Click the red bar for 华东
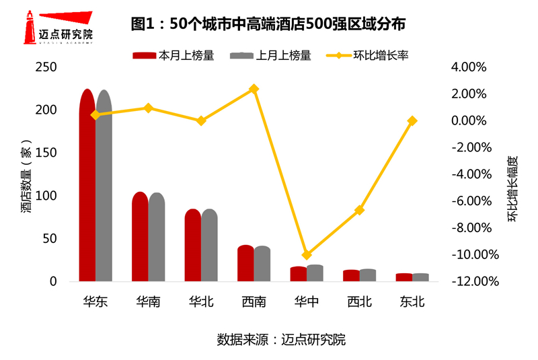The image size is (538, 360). coord(87,185)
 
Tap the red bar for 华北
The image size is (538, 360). coord(192,245)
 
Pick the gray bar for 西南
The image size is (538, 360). coord(262,264)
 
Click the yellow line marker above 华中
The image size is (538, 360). coord(307,255)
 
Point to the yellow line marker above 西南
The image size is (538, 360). coord(254,89)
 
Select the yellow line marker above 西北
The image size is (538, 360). coord(360,210)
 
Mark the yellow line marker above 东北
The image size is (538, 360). coord(412,121)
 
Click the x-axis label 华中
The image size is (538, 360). coord(307,302)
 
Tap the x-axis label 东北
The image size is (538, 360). coord(412,302)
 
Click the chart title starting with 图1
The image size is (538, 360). coord(268,24)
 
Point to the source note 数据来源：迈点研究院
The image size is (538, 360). coord(281,339)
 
